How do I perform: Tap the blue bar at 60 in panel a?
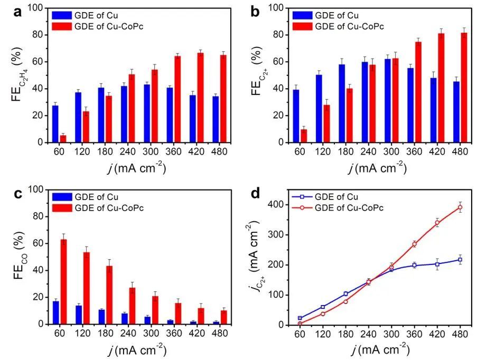click(x=55, y=124)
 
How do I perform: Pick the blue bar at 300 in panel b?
click(x=388, y=101)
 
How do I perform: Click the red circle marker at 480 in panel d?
click(x=460, y=207)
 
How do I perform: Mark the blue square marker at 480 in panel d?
click(x=460, y=260)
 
